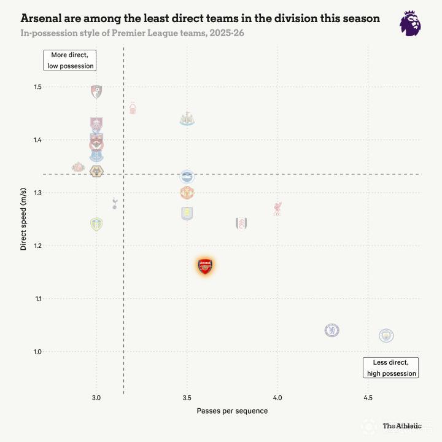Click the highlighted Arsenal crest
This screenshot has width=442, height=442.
(x=205, y=266)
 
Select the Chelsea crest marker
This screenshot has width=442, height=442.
(x=332, y=330)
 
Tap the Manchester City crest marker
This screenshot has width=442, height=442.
(x=386, y=335)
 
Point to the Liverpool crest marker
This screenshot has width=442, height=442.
(x=277, y=208)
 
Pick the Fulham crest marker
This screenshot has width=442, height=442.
(x=241, y=223)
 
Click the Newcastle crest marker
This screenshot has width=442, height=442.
(x=187, y=119)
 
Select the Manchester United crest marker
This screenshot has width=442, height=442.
(x=187, y=193)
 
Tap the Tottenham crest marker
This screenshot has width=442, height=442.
(x=114, y=203)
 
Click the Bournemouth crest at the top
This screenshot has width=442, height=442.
(x=96, y=92)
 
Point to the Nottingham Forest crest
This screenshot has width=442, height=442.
(x=132, y=108)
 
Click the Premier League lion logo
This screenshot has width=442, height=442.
(x=410, y=23)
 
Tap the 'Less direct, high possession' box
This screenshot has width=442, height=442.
(x=391, y=367)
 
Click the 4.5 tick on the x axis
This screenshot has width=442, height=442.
(x=368, y=398)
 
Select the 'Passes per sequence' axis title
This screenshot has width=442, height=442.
(x=232, y=411)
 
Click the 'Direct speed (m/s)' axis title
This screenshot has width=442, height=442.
(x=23, y=219)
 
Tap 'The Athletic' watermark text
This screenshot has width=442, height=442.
(x=402, y=425)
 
